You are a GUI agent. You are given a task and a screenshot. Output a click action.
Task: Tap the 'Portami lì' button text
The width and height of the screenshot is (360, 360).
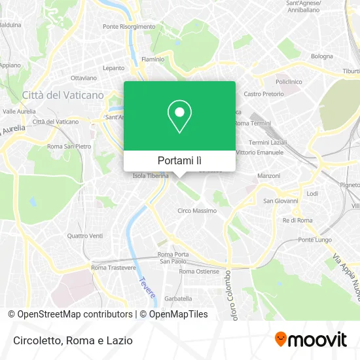click(180, 160)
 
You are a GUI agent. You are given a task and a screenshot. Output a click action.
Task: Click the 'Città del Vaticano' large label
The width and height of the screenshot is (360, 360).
click(63, 95)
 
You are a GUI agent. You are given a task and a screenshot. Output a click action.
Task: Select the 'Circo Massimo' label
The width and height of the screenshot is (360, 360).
click(197, 211)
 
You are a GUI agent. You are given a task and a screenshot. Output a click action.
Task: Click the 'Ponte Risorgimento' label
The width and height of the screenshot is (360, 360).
click(129, 27)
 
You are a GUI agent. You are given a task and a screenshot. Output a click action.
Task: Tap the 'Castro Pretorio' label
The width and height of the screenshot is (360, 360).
click(264, 94)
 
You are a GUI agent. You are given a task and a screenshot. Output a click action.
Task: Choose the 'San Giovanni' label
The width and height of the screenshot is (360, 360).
click(280, 201)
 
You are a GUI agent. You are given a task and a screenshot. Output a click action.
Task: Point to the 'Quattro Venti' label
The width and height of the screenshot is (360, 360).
click(85, 236)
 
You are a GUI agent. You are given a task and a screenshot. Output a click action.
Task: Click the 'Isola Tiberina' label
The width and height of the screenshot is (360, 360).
click(151, 176)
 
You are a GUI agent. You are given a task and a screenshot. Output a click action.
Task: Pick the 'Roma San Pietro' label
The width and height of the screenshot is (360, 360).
click(69, 147)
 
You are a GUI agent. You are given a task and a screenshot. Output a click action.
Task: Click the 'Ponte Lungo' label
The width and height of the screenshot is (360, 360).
click(314, 240)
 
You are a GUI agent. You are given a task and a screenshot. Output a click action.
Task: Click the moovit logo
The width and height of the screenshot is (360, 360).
click(310, 340)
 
